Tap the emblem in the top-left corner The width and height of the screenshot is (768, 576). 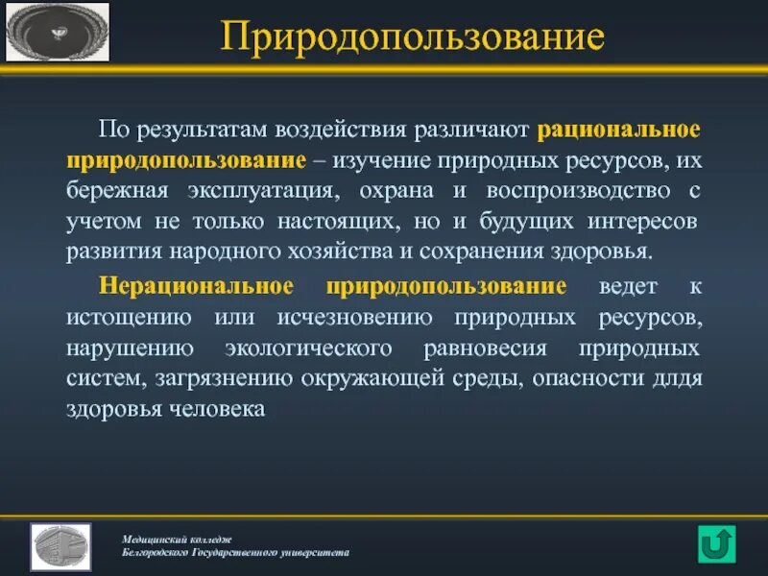point(58,32)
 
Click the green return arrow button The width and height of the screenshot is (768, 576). point(716,542)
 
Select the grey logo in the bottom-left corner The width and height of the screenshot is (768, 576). point(60,547)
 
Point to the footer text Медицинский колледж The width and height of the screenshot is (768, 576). point(177,539)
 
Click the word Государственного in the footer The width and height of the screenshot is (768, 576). point(236,553)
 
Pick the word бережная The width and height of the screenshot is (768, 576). point(112,189)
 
